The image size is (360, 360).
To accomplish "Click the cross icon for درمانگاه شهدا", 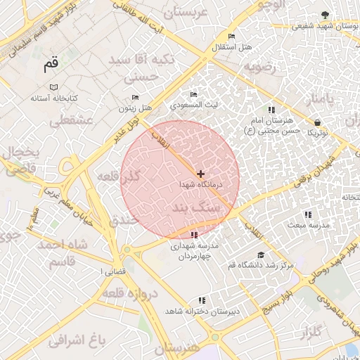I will [201, 173].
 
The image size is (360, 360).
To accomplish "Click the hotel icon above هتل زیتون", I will [136, 98].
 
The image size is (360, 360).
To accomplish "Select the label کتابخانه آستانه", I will [53, 98].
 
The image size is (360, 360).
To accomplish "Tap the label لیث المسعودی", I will [194, 105].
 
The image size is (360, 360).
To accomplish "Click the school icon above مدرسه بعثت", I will [307, 214].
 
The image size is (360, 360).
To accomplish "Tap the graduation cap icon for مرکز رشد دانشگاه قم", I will [261, 255].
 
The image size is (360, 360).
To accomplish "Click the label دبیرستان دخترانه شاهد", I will [202, 310].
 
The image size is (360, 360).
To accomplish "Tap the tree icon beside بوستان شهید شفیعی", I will [324, 15].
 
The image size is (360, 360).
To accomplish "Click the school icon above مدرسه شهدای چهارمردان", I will [194, 234].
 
